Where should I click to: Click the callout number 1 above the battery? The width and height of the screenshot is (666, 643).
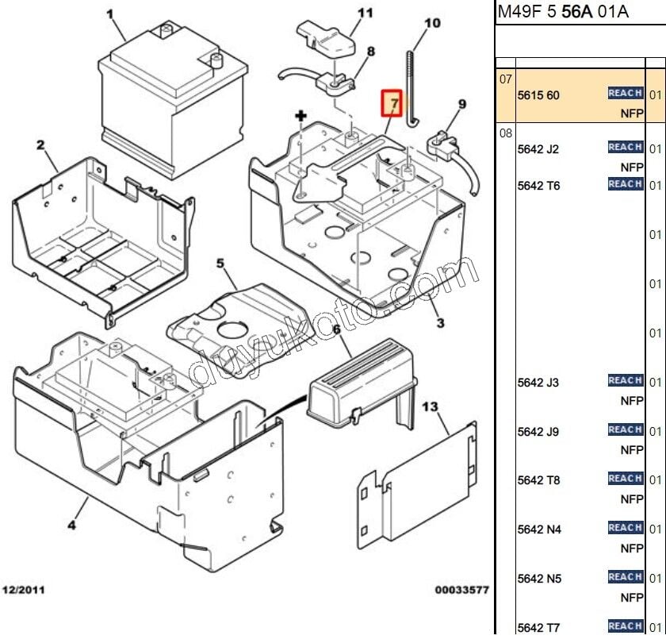(110, 13)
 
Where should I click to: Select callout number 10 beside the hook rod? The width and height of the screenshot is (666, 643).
(432, 23)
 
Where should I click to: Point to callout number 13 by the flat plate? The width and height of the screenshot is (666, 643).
(429, 407)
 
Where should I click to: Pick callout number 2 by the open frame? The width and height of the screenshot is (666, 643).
(40, 144)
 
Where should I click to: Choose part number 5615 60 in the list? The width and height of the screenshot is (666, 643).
(538, 95)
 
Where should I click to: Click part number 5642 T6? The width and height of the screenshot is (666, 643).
(538, 186)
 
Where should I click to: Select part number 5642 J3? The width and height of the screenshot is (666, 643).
(538, 383)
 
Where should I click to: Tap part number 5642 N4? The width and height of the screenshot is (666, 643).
(538, 529)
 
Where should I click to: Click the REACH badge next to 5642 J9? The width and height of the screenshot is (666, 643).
(625, 429)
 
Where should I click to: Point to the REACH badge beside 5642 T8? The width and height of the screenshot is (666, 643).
(625, 479)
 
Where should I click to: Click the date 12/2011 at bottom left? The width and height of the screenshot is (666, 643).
(25, 591)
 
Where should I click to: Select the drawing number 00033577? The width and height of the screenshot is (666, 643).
(461, 591)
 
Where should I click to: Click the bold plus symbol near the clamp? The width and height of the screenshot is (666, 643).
(301, 117)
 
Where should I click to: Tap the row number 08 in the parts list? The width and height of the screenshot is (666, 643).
(506, 133)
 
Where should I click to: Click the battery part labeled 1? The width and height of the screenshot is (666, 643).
(159, 95)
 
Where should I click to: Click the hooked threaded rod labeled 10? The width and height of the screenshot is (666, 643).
(411, 87)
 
